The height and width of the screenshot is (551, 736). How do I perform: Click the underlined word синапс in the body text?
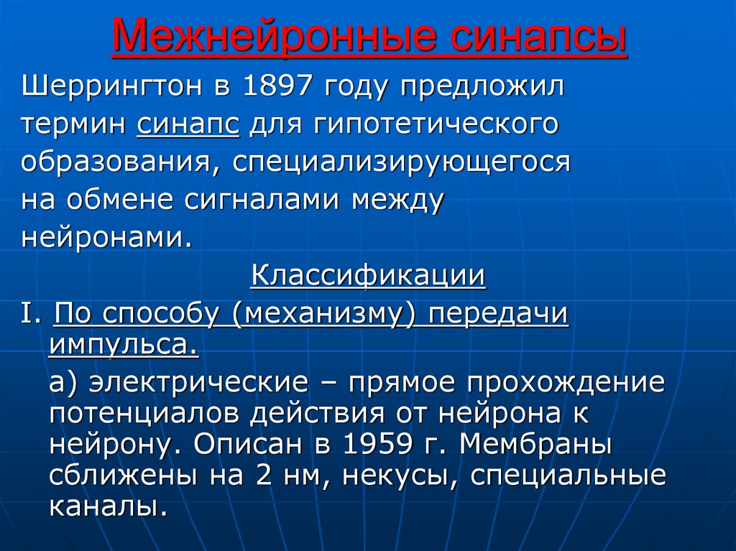pos(187,125)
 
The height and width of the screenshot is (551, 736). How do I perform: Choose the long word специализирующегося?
pos(402,162)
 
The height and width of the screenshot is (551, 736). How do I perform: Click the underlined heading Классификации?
pos(368,276)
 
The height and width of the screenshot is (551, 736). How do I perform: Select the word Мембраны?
pos(535,445)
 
